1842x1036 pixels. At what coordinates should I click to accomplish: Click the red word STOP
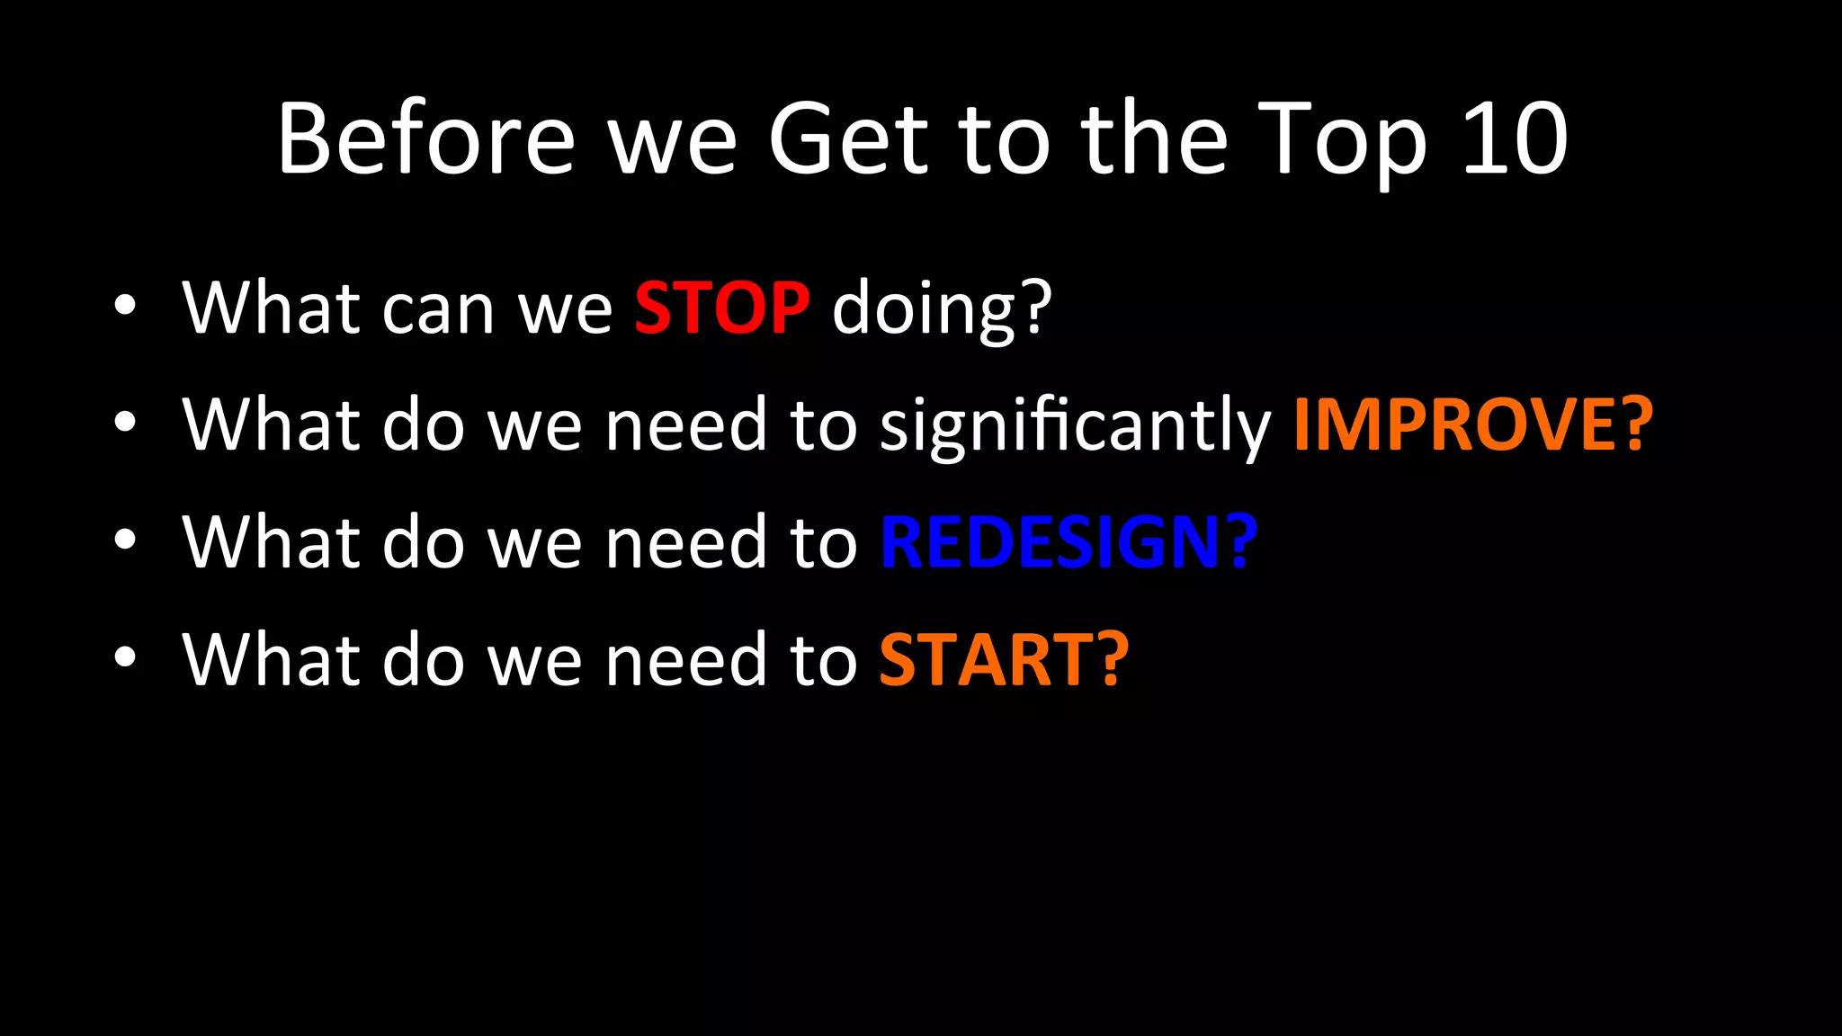tap(721, 308)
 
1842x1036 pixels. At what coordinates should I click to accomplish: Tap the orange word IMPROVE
tap(1458, 424)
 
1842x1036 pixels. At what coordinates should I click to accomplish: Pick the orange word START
tap(986, 660)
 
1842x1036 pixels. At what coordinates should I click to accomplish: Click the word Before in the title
tap(425, 139)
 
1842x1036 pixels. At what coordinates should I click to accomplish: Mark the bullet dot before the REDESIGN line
tap(125, 539)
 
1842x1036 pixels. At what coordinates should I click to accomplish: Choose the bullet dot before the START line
tap(125, 656)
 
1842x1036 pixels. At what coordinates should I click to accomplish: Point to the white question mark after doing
tap(1037, 308)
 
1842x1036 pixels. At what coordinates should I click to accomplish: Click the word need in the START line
tap(686, 660)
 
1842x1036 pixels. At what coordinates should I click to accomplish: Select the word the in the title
tap(1154, 139)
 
